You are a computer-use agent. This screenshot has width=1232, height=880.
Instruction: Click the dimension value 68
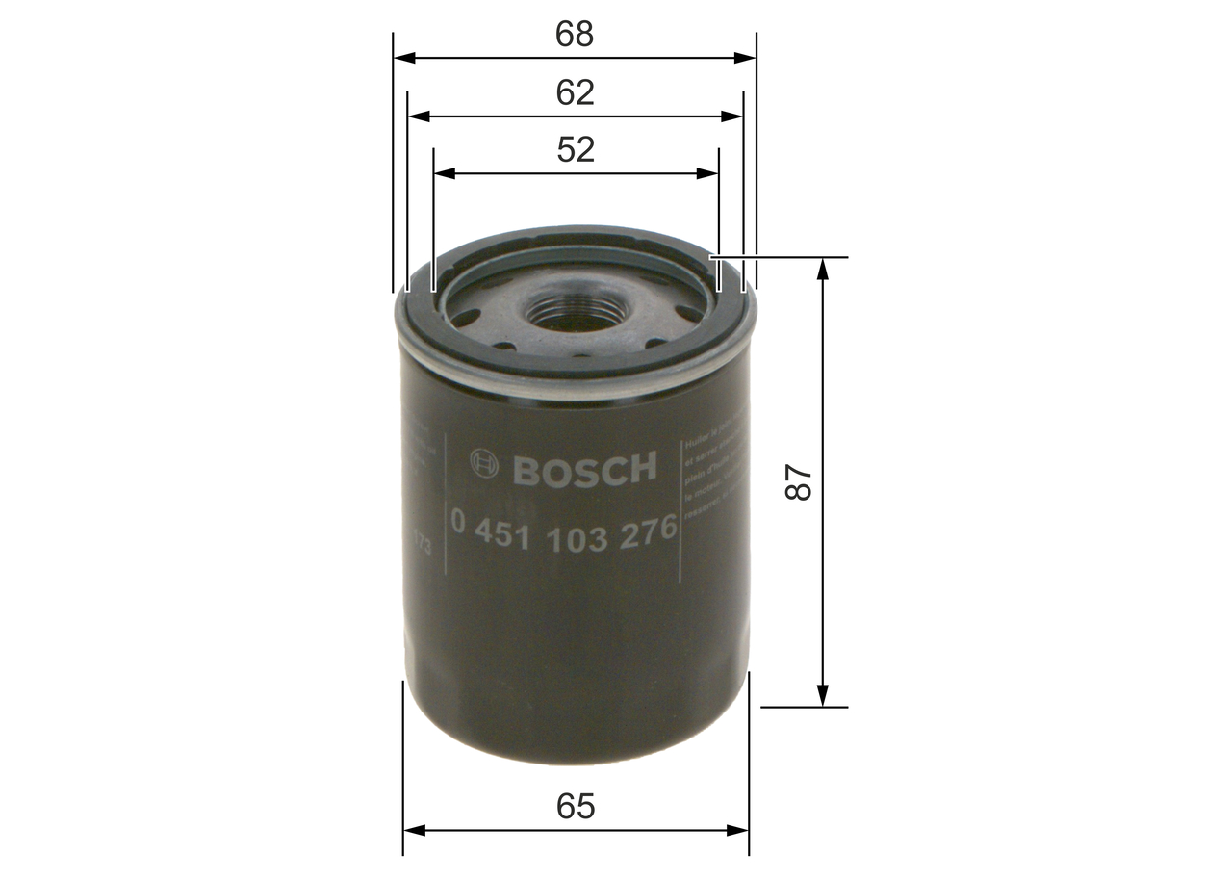[x=575, y=35]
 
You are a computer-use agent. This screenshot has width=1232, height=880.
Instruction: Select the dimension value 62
[x=575, y=92]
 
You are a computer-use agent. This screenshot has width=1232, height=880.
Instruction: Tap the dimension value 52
[x=575, y=150]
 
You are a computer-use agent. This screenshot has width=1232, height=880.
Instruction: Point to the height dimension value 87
[x=800, y=482]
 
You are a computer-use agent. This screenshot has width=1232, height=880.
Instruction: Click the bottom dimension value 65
[x=576, y=807]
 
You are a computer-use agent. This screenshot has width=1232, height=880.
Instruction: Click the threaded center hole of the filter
[x=574, y=313]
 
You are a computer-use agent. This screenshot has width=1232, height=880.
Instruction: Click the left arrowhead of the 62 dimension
[x=418, y=116]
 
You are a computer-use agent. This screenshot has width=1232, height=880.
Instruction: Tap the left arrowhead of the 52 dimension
[x=444, y=174]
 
